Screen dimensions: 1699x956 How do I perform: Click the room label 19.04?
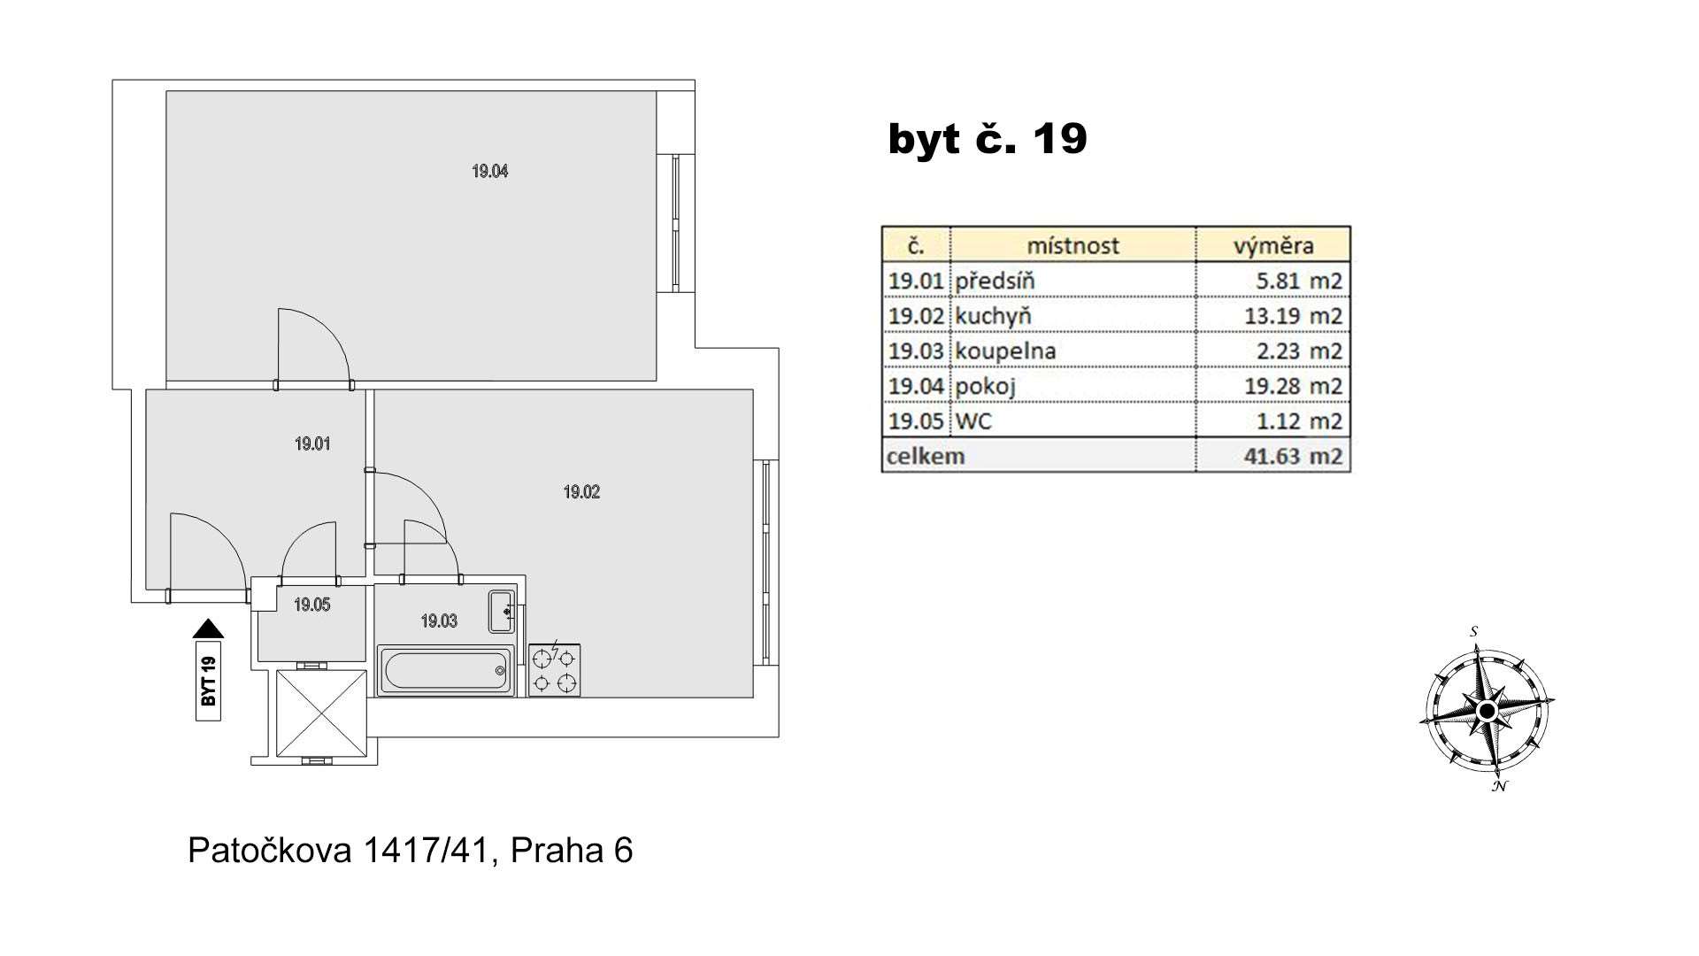tap(489, 171)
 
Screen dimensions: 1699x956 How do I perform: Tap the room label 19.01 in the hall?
tap(312, 443)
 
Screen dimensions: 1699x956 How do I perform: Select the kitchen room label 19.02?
tap(581, 492)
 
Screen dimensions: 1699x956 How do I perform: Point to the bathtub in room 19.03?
tap(446, 670)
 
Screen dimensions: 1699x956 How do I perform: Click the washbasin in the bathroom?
tap(503, 611)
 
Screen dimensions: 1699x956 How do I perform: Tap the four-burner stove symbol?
tap(555, 670)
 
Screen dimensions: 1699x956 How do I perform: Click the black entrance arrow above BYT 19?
tap(208, 628)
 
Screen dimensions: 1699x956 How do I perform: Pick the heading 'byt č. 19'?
tap(988, 139)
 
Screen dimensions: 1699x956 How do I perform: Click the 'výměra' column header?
tap(1273, 245)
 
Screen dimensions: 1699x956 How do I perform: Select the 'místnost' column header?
tap(1072, 245)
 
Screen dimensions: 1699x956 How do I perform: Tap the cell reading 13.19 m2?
tap(1299, 316)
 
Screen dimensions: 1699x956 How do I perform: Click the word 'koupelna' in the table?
tap(1005, 351)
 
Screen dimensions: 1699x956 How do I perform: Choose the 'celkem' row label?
tap(925, 457)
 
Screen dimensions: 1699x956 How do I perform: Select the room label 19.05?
tap(312, 605)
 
